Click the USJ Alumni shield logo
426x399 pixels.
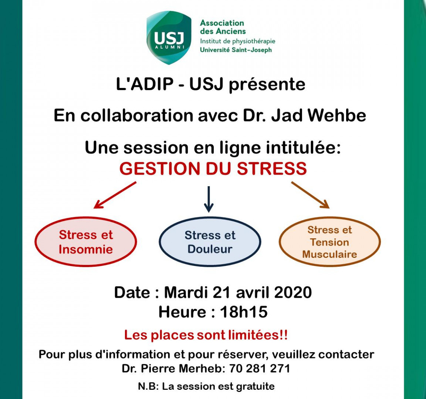click(169, 38)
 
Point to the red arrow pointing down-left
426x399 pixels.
click(115, 195)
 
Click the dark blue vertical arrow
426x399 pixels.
click(209, 199)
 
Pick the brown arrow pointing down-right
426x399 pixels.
click(310, 195)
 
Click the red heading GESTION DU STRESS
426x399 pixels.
click(213, 168)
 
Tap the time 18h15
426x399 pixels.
click(244, 311)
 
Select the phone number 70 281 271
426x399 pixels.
click(260, 369)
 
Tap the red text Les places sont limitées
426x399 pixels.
click(206, 335)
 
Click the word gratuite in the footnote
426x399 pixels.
click(255, 386)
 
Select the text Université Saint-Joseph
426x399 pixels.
click(236, 50)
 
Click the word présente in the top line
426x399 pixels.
click(267, 85)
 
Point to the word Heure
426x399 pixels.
click(182, 311)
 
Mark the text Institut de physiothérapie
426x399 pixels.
click(238, 41)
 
